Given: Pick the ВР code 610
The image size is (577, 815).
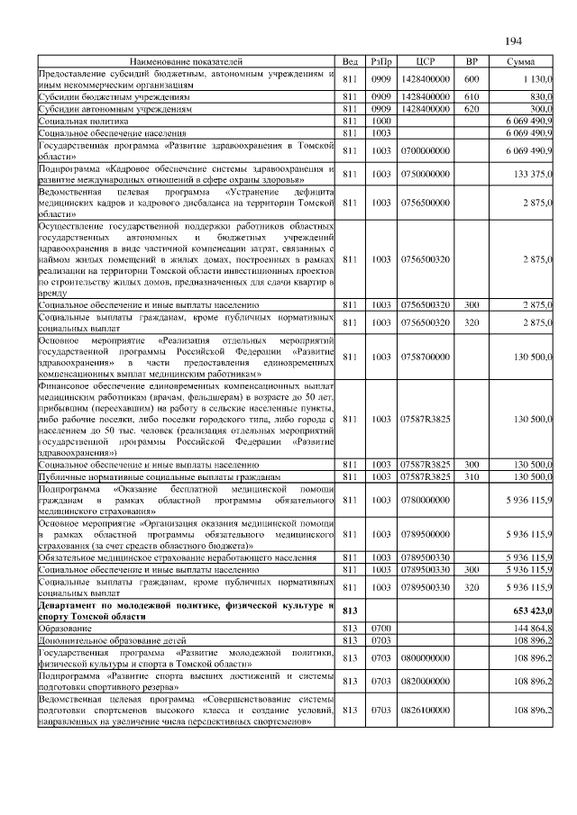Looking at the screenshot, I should click(x=471, y=96).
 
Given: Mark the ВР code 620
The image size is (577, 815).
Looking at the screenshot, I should click(x=471, y=108).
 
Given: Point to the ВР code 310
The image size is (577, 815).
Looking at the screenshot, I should click(x=471, y=475).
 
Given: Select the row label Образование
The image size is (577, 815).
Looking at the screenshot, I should click(x=65, y=627).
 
